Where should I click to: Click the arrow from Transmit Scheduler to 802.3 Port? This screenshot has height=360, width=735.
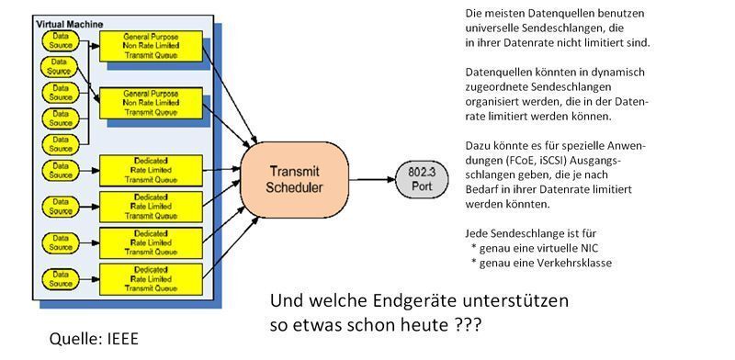point(372,180)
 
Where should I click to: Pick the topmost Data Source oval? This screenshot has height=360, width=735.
point(60,40)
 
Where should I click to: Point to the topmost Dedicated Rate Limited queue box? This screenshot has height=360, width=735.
point(151,169)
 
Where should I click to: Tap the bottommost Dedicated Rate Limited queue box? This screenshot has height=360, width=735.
point(151,276)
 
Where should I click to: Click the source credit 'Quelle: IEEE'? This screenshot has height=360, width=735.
point(93,340)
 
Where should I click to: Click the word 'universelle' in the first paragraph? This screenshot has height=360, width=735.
point(487,28)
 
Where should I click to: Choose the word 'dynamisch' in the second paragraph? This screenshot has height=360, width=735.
point(611,72)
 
